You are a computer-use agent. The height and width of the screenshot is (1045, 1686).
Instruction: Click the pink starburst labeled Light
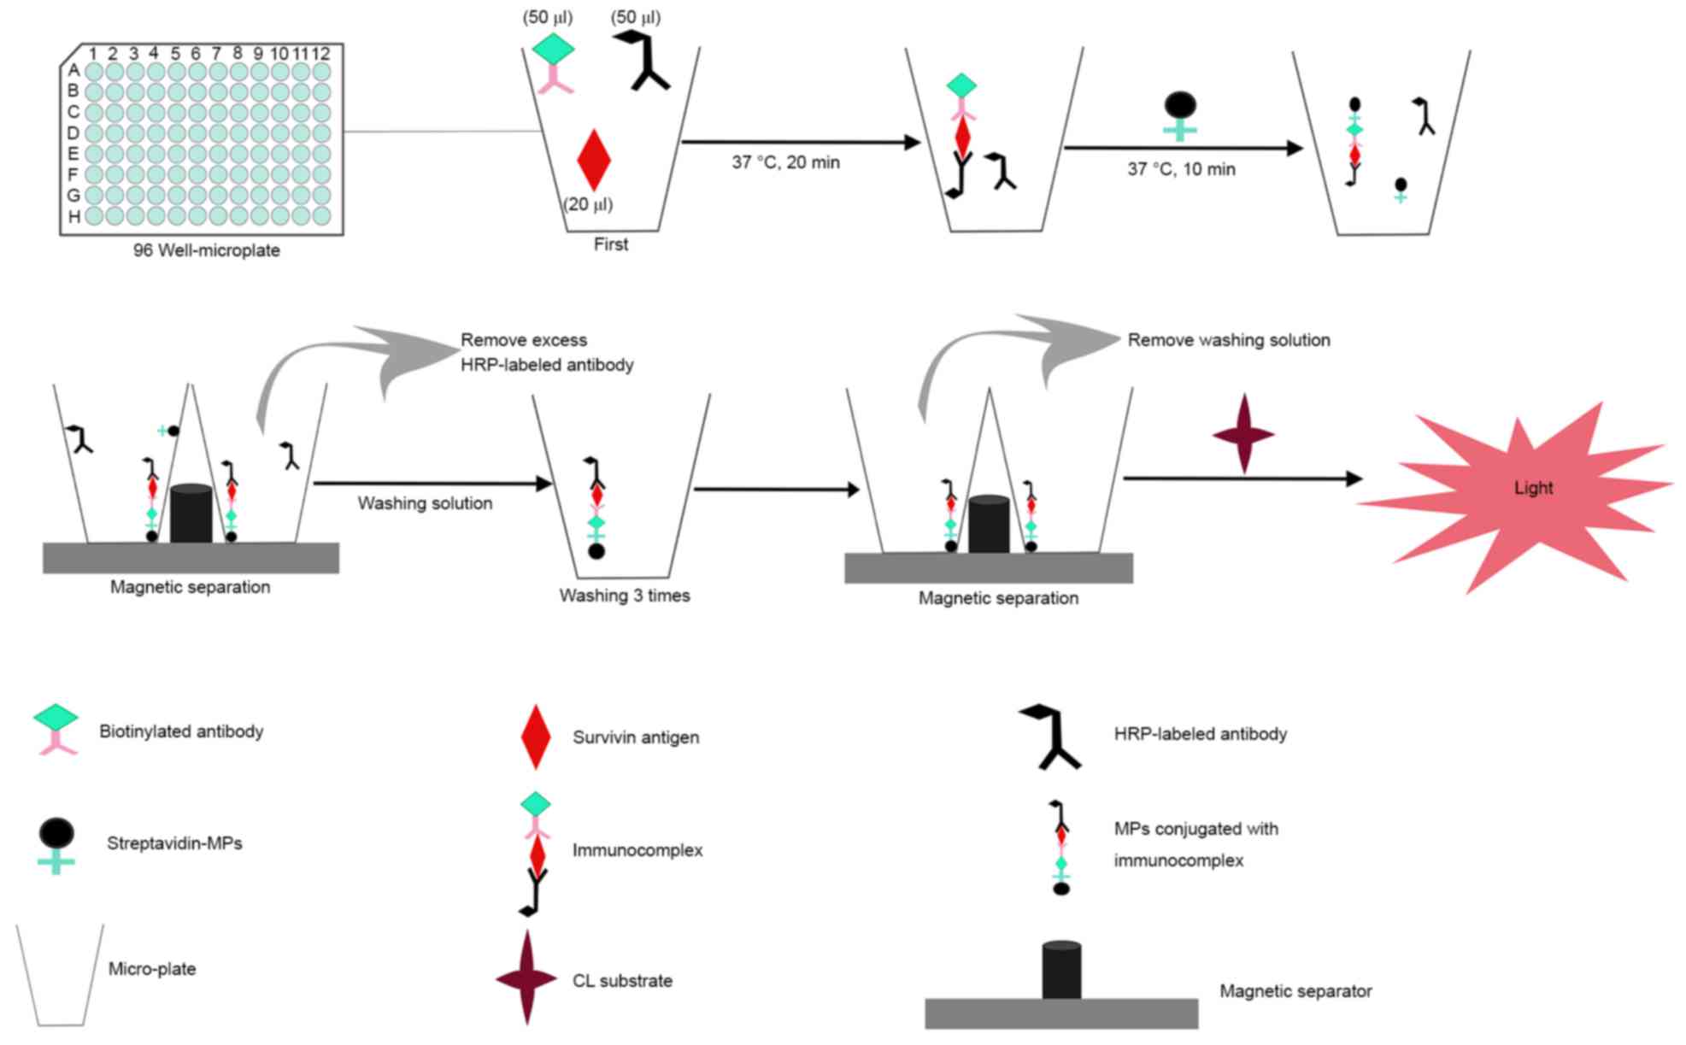1514,496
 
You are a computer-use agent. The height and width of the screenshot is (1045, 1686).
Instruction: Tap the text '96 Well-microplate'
207,250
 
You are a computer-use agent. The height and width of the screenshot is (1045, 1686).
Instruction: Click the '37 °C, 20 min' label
785,162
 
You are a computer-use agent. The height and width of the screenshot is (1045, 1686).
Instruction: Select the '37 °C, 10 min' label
1181,169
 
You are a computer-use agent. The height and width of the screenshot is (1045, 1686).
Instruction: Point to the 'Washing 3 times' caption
625,596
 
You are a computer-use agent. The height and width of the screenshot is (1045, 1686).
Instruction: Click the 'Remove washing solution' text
1229,340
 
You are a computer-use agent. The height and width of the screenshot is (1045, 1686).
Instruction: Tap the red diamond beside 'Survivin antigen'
536,737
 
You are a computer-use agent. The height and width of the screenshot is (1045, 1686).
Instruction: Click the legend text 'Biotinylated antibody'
181,731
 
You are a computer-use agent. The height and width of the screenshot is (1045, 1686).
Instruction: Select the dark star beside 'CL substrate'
527,977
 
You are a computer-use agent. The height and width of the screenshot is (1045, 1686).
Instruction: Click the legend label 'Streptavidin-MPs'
174,843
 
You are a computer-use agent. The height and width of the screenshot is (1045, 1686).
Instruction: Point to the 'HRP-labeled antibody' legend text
1201,734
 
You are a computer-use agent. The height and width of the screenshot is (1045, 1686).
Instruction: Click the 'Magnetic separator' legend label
1295,991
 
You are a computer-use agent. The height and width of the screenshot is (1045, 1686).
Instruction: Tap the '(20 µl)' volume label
588,205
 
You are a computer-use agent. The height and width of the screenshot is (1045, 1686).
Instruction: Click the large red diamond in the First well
594,160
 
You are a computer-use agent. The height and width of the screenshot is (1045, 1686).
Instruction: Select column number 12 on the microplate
320,54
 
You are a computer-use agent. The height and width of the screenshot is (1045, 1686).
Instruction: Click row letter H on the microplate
74,217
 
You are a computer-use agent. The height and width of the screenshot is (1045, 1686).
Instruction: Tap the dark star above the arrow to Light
1243,434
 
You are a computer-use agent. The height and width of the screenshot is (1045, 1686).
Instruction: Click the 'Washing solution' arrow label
425,503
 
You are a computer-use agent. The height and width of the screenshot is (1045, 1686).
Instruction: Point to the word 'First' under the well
611,244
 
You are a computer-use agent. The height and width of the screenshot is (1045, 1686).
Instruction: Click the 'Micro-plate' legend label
152,969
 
